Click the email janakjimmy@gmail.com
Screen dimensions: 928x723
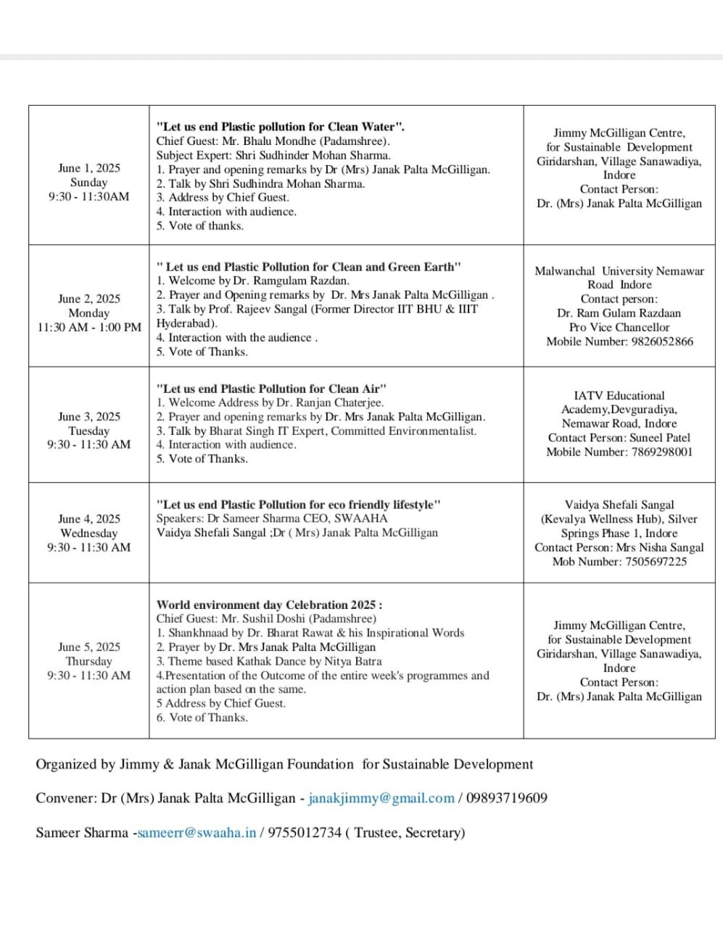381,798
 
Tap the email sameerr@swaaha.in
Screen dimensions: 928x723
197,832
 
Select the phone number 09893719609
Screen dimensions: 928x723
507,798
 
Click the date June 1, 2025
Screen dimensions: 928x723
89,168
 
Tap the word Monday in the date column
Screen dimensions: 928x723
89,313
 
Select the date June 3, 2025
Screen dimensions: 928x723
89,416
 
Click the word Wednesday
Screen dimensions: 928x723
89,533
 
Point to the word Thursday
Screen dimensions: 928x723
89,661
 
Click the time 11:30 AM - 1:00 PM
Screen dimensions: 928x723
89,327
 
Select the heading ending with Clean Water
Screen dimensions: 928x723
281,126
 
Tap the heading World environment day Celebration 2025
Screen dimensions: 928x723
269,605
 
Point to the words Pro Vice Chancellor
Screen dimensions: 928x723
619,327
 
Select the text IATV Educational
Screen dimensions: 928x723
619,395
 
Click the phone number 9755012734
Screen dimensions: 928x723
305,832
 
